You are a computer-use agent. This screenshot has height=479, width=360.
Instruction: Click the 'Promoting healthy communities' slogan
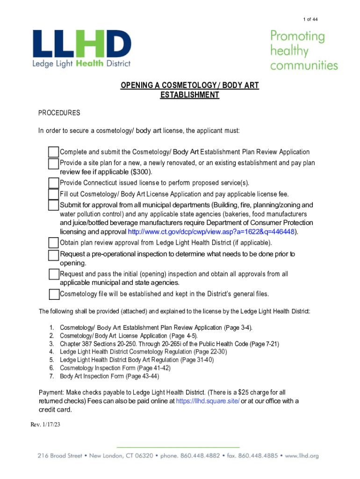coord(303,51)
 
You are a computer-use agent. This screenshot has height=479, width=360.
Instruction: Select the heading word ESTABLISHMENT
coord(189,95)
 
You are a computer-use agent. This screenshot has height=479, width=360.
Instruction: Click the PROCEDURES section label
coord(59,113)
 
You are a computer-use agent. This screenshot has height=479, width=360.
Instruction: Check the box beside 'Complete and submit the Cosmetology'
coord(54,152)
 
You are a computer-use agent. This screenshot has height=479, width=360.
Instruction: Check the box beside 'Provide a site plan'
coord(54,164)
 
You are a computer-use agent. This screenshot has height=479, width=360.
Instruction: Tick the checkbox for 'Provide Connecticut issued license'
coord(54,182)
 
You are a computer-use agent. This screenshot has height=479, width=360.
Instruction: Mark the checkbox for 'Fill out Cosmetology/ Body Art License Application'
coord(54,194)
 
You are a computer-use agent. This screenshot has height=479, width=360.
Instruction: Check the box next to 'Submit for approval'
coord(54,205)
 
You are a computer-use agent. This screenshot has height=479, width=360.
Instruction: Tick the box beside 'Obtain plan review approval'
coord(54,243)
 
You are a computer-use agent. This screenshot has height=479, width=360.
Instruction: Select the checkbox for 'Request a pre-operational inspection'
coord(54,255)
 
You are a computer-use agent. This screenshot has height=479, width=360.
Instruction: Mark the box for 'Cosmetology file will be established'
coord(54,294)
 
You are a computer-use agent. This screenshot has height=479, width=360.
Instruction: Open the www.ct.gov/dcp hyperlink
coord(212,232)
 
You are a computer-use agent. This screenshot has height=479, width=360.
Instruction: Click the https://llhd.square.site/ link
coord(208,401)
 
